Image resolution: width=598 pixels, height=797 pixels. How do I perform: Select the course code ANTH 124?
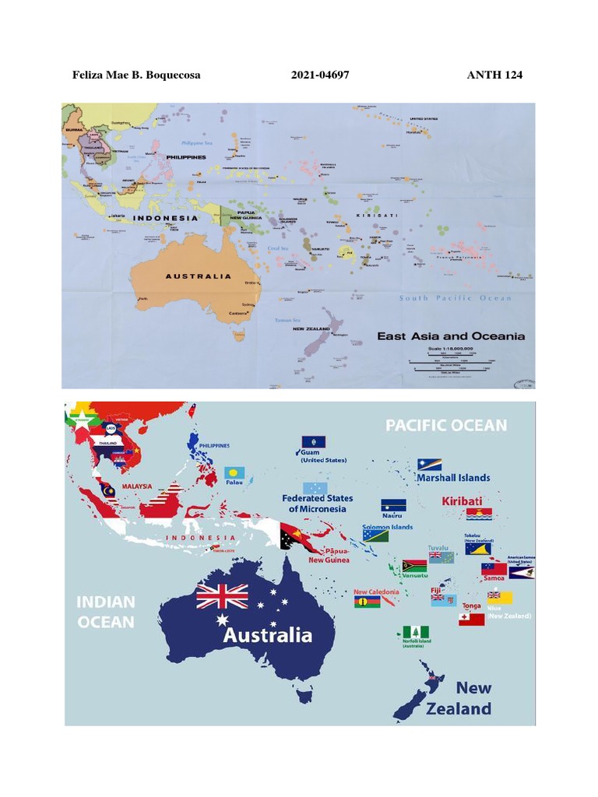click(x=494, y=75)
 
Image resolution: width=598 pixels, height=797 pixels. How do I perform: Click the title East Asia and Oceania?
click(x=451, y=336)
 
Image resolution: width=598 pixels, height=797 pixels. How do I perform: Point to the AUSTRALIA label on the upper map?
click(x=199, y=276)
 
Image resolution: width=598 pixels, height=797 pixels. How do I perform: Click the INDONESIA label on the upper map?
click(x=165, y=218)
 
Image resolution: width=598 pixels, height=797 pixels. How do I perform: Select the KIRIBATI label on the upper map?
click(x=377, y=215)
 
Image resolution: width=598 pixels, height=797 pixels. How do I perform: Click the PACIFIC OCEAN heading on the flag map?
click(x=447, y=425)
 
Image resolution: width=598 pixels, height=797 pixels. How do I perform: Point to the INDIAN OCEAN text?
click(x=105, y=611)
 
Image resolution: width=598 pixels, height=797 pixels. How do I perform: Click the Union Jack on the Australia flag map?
click(x=222, y=597)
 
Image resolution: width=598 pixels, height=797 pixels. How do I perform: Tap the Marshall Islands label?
click(x=453, y=477)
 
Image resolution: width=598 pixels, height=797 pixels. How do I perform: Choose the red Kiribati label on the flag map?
click(x=462, y=500)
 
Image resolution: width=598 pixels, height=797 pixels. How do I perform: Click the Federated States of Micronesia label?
click(x=317, y=503)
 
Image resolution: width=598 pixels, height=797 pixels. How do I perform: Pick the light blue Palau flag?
click(x=234, y=472)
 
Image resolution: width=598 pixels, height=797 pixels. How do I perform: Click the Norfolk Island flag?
click(x=416, y=632)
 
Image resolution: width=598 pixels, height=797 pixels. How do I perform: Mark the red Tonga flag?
click(x=471, y=619)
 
